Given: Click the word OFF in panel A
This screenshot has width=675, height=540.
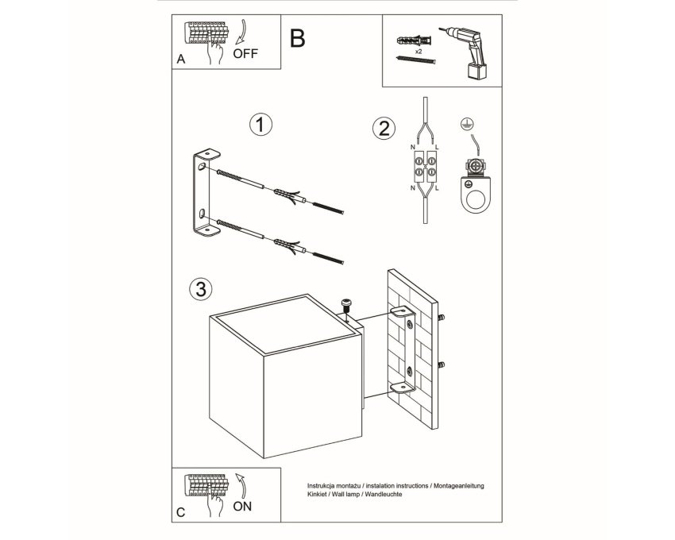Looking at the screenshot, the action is (245, 54).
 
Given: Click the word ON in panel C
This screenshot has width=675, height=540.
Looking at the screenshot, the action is (242, 507).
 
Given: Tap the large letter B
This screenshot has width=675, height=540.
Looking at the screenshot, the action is (298, 38).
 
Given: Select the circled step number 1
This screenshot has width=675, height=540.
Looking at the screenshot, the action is (261, 125).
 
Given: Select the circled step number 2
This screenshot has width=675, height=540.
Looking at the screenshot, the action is (384, 129).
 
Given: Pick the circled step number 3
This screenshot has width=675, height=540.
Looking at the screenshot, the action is (201, 289).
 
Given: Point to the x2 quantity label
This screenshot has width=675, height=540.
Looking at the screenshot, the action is (418, 52).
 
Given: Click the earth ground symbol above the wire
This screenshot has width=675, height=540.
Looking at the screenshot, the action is (465, 124).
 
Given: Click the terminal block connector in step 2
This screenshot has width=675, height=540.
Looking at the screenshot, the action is (425, 167).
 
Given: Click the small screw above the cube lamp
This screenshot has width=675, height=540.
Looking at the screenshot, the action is (346, 307).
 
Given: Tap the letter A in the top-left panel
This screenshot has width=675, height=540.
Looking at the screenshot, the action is (181, 59).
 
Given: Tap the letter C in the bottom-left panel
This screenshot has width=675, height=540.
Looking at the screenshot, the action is (181, 512).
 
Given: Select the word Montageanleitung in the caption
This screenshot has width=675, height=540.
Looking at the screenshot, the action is (459, 486).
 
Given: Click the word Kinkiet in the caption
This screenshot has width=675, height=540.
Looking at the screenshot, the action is (316, 495).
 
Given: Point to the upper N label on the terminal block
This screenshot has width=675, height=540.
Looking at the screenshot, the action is (413, 147).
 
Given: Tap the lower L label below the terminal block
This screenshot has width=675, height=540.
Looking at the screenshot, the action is (437, 188).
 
